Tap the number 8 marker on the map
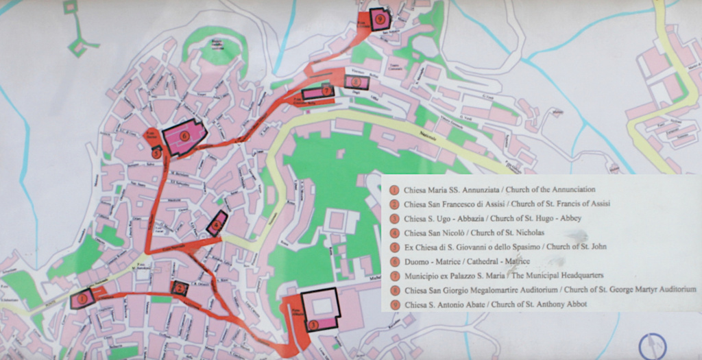click(356, 82)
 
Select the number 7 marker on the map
click(326, 90)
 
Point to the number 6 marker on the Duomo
click(185, 135)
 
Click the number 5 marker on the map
click(157, 154)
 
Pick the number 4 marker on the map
click(217, 224)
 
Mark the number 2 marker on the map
click(180, 289)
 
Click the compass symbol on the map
click(652, 346)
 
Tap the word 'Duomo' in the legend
click(417, 261)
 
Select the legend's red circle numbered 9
click(394, 305)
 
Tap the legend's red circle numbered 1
click(394, 190)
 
